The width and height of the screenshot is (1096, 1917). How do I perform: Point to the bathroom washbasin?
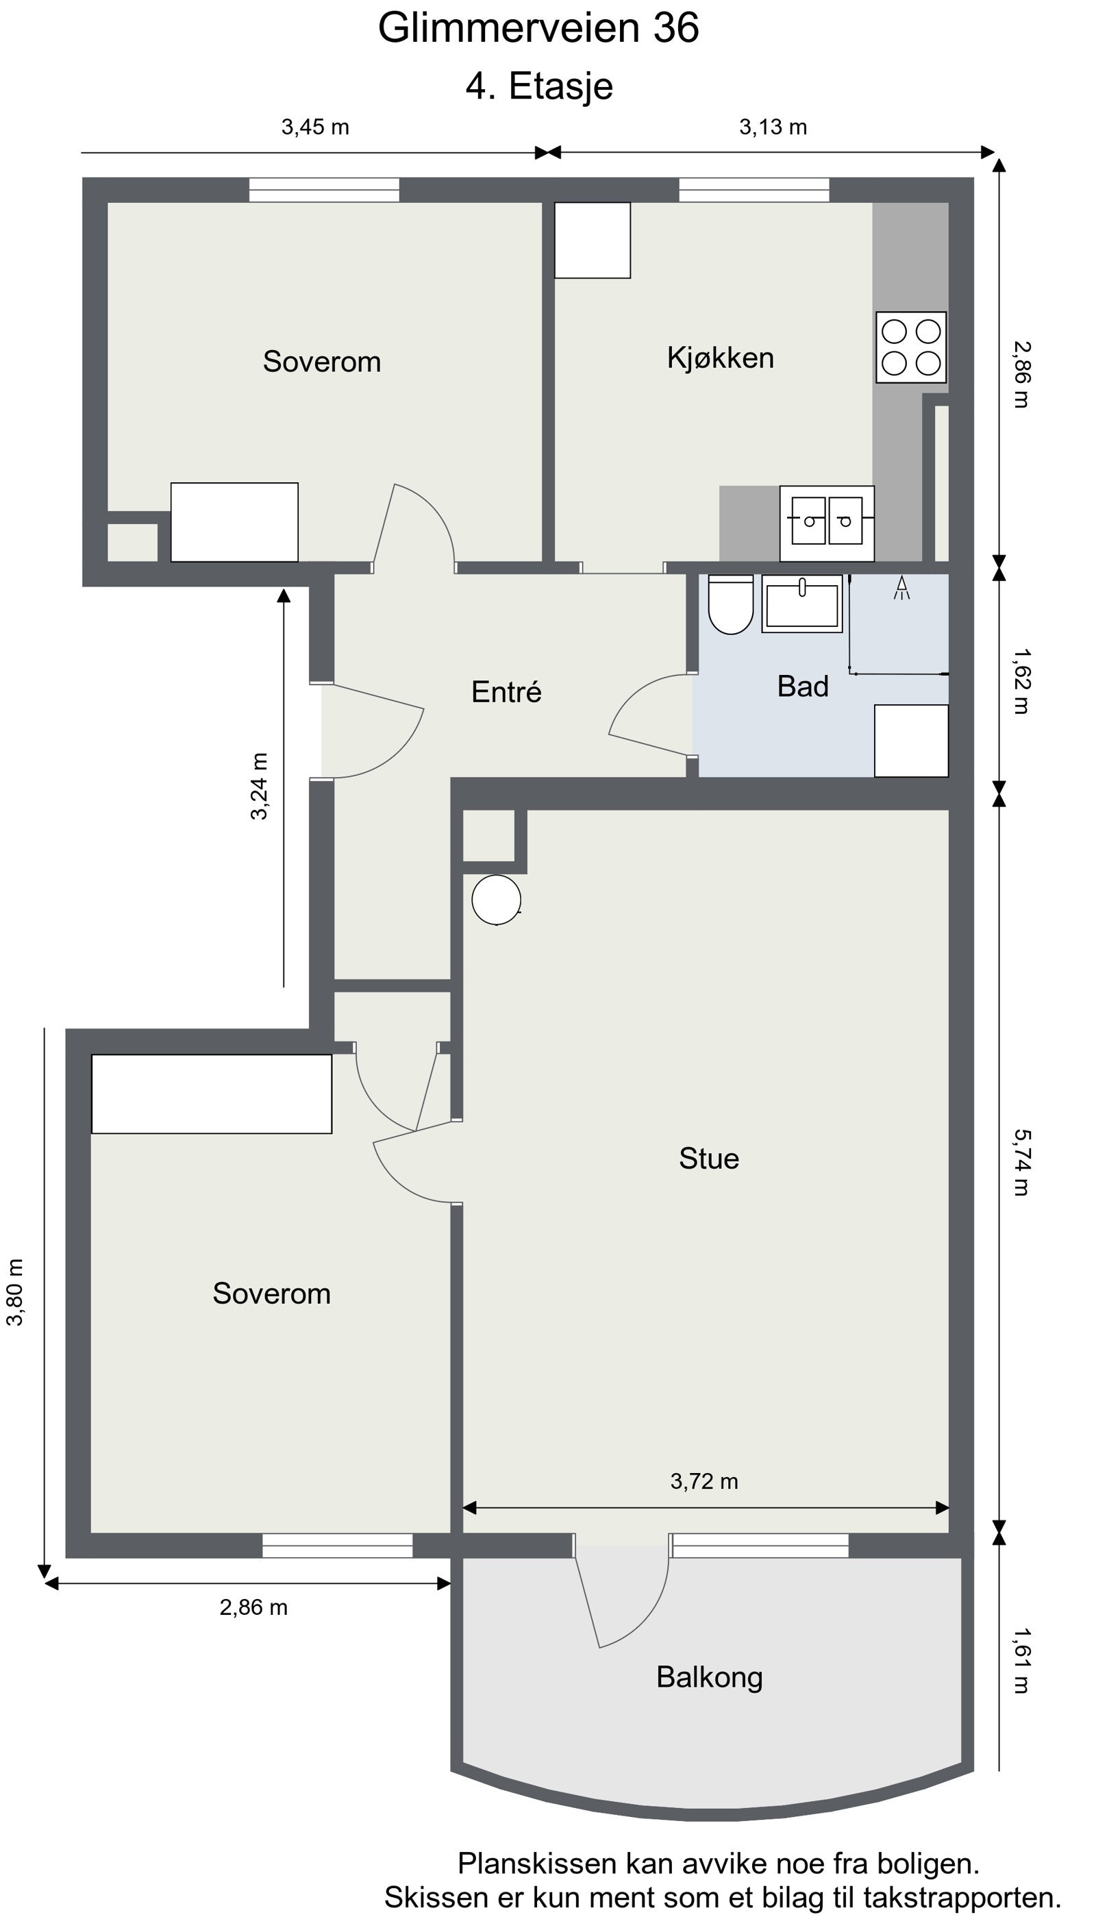click(x=801, y=604)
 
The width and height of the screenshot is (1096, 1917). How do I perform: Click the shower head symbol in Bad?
click(x=901, y=588)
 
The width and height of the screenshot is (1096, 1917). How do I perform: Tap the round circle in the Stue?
click(x=496, y=900)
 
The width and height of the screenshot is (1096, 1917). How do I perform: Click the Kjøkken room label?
click(x=721, y=358)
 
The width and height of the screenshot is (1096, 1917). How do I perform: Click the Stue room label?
click(x=709, y=1159)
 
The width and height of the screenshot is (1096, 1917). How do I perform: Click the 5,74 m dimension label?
click(x=1021, y=1162)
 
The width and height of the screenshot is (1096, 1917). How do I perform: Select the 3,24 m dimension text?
click(x=259, y=786)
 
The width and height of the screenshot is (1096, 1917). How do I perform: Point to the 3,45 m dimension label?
click(x=315, y=127)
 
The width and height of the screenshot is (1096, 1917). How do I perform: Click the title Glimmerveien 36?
click(x=538, y=28)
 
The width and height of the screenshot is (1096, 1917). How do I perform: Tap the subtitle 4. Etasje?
click(x=539, y=86)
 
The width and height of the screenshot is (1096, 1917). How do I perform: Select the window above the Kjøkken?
click(x=754, y=190)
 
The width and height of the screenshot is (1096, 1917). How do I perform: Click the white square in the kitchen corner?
click(x=593, y=240)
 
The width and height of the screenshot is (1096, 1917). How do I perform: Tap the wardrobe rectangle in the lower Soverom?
click(x=212, y=1093)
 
